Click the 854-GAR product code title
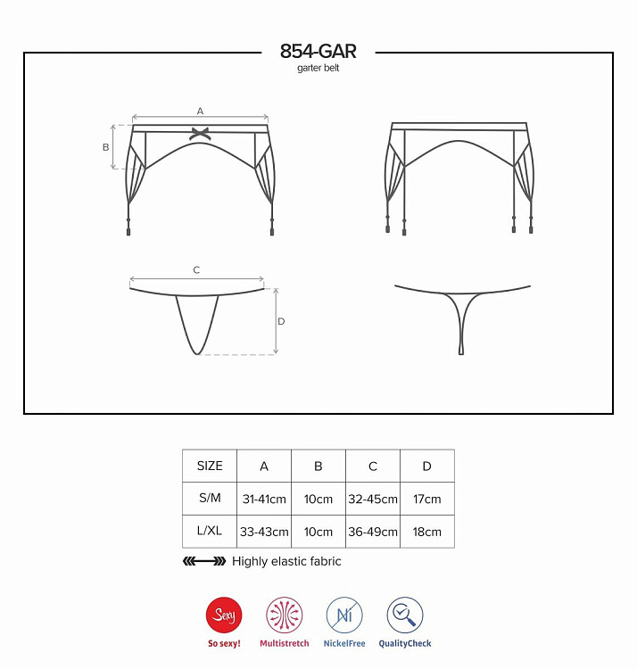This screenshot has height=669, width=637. click(x=318, y=51)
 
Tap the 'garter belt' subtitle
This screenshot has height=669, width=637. click(x=318, y=68)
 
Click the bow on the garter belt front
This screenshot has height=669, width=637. click(x=199, y=134)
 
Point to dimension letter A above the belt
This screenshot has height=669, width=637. click(x=200, y=111)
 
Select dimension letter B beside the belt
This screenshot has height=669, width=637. click(x=106, y=147)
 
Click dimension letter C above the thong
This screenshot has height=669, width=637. click(x=196, y=270)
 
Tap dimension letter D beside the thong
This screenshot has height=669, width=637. click(x=281, y=321)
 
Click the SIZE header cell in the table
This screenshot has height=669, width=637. click(x=210, y=466)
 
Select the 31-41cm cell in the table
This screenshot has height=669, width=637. click(x=264, y=499)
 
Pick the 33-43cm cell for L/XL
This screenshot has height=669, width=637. click(x=264, y=532)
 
